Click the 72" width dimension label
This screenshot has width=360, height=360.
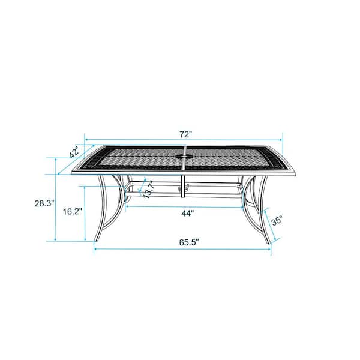click(x=185, y=134)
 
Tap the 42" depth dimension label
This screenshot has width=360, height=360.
click(x=74, y=152)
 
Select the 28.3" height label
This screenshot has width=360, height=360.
click(x=44, y=203)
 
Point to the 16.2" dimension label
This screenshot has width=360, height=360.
click(x=73, y=211)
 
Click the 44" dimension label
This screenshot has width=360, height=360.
click(x=188, y=214)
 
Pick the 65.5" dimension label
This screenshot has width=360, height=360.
click(x=189, y=242)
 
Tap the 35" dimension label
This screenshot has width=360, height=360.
click(x=277, y=221)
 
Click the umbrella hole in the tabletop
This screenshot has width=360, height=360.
click(x=182, y=157)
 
